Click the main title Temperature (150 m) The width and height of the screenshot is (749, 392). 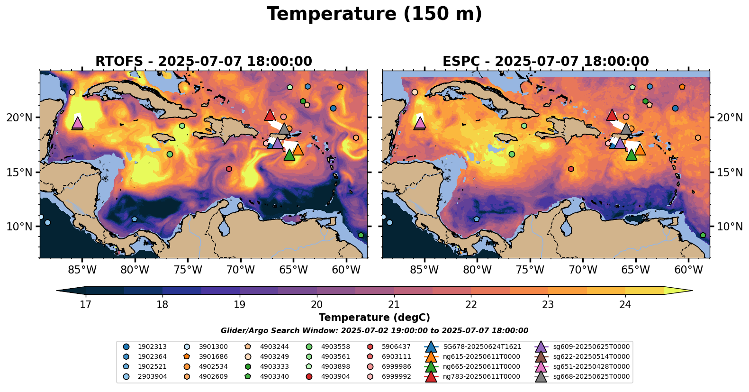pos(374,14)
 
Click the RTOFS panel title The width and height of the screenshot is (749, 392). pos(204,62)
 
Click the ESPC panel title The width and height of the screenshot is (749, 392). pos(546,62)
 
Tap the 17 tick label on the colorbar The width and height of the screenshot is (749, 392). pos(85,304)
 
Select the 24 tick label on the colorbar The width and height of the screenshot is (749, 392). pos(625,304)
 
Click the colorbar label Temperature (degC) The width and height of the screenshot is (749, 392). pos(374,318)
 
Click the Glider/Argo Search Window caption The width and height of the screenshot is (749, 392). pos(374,331)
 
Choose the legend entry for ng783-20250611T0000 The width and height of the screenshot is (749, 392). pos(480,376)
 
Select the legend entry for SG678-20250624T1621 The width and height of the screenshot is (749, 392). pos(481,346)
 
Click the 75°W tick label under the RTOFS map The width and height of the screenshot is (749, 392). pos(188,270)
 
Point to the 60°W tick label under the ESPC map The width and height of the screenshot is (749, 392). pos(688,270)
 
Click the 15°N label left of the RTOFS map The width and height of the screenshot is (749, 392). pos(19,172)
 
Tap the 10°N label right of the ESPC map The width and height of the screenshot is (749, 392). pos(730,227)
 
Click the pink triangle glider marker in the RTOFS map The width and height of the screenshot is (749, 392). pos(77,123)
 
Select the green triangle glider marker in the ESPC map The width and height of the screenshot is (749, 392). pos(631,155)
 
